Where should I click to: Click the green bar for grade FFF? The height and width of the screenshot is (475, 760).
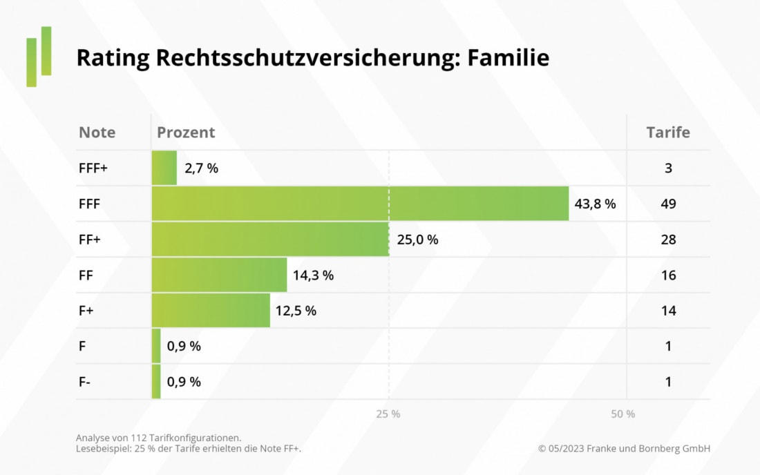359,204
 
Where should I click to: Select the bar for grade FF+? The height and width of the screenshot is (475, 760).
270,240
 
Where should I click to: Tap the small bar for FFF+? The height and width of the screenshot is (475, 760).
164,168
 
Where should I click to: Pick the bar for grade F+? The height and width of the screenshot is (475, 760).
211,311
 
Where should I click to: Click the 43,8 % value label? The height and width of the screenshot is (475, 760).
595,204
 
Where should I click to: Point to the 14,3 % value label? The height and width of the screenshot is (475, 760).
313,275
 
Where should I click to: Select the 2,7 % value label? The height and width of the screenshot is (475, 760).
201,168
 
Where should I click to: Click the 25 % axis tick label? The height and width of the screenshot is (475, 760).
388,414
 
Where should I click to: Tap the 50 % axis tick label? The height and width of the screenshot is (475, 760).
623,414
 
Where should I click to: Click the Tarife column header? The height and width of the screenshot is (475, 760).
667,133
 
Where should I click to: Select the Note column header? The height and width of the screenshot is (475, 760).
97,133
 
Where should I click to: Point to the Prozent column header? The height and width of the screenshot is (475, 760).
186,133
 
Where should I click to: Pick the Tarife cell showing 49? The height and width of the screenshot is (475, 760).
667,204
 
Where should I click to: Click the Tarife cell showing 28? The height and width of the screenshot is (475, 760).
667,240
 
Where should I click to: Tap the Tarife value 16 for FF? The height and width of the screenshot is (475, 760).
667,275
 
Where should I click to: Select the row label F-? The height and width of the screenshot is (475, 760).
84,382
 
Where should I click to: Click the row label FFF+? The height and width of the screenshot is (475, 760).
93,168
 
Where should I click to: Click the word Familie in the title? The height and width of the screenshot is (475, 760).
508,58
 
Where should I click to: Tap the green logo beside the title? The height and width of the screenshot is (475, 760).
39,57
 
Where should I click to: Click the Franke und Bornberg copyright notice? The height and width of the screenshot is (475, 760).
624,449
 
